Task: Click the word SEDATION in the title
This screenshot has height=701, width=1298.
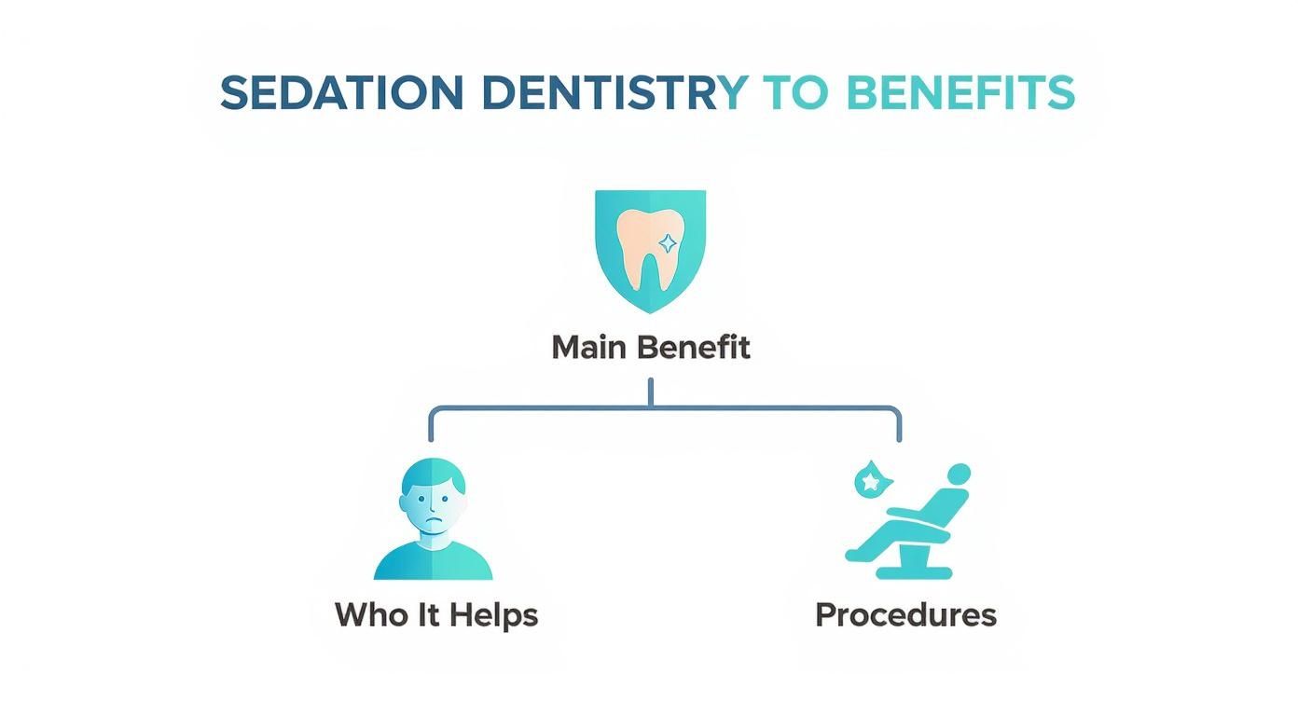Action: point(341,93)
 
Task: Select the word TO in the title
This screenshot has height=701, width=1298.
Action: point(795,93)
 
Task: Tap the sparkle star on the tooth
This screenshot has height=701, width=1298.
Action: point(669,243)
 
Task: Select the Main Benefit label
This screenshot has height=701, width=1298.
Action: point(650,348)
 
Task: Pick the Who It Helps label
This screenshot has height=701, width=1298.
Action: point(435,615)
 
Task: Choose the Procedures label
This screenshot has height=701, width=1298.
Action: point(905,615)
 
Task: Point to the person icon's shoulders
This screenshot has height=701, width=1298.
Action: point(434,563)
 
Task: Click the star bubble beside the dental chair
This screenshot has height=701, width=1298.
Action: point(872,482)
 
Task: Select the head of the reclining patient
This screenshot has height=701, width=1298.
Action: point(958,475)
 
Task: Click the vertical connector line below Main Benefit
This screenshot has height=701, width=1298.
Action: point(650,392)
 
